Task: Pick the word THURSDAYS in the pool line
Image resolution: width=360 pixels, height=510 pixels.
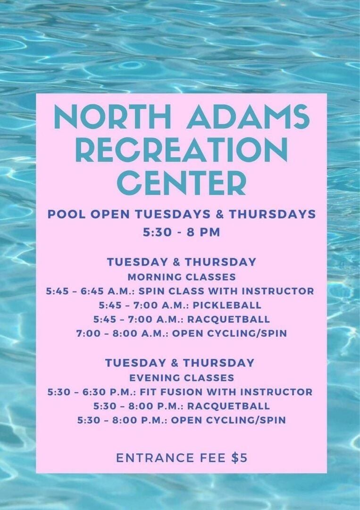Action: [272, 214]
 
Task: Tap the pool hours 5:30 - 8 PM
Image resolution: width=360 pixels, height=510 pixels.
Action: [182, 232]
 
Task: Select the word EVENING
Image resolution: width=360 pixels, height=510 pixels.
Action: [154, 378]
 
